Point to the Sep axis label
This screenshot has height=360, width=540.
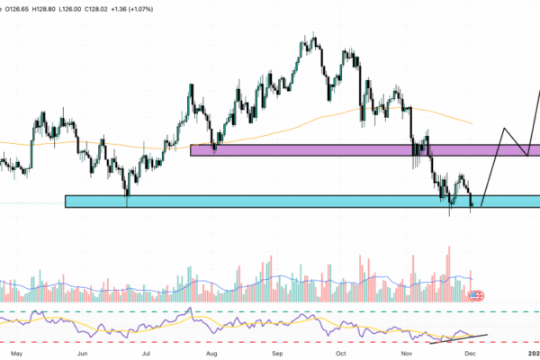point(278,354)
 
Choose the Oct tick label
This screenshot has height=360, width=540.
point(341,354)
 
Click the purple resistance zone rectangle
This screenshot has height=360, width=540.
point(360,150)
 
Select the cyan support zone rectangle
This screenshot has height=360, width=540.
point(270,202)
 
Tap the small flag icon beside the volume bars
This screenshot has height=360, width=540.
point(477,294)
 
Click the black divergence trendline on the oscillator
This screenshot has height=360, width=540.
point(459,338)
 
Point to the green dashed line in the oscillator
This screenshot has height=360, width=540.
point(270,312)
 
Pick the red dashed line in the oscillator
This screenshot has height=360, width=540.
point(270,343)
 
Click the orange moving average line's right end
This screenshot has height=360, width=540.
point(472,122)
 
